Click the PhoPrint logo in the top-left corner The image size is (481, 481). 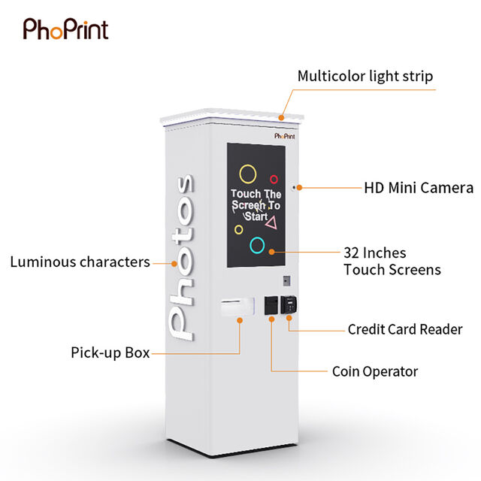point(65,29)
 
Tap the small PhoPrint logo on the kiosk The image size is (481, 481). point(285,136)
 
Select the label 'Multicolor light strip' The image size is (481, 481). point(365,76)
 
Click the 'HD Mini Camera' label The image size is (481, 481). point(419,188)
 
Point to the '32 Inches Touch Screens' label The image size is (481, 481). point(392,262)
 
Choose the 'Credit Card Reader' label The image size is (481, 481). point(405,329)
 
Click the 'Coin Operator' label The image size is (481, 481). point(375,371)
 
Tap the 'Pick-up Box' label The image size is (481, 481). point(110,352)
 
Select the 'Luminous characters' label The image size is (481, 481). point(80,262)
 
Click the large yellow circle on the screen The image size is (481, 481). point(248,165)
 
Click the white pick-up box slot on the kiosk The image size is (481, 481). point(237,307)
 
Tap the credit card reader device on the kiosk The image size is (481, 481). point(289,304)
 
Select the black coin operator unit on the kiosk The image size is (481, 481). point(271,305)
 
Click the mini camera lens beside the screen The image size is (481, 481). point(294,187)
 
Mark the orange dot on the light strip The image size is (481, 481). point(281,117)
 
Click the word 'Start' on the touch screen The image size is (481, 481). point(256,216)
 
